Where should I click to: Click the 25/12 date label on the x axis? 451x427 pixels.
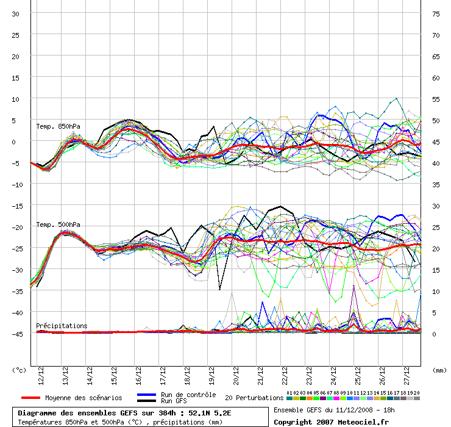(x=358, y=376)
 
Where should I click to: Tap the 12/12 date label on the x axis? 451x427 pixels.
(x=41, y=376)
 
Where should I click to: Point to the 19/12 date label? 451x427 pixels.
(x=211, y=376)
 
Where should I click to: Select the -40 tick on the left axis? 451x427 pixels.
(x=15, y=313)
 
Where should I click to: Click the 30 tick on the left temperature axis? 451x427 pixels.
(x=15, y=14)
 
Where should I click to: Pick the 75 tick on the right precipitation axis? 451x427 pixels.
(x=436, y=14)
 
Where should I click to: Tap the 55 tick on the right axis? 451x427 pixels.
(x=436, y=99)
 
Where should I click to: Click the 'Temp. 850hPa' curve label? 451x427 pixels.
(x=58, y=126)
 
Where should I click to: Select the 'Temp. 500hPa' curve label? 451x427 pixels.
(x=58, y=224)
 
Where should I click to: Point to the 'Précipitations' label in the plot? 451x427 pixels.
(x=62, y=326)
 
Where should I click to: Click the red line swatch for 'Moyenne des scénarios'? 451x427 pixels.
(x=30, y=398)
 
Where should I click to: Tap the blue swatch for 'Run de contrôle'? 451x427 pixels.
(x=147, y=395)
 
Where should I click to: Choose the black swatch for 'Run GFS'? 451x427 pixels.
(x=147, y=401)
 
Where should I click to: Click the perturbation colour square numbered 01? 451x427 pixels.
(x=289, y=398)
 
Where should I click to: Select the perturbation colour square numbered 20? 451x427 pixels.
(x=417, y=398)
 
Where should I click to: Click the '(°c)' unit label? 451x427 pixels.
(x=19, y=370)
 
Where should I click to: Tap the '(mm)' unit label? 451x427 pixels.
(x=439, y=370)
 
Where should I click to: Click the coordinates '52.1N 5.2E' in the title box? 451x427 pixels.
(x=210, y=413)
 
